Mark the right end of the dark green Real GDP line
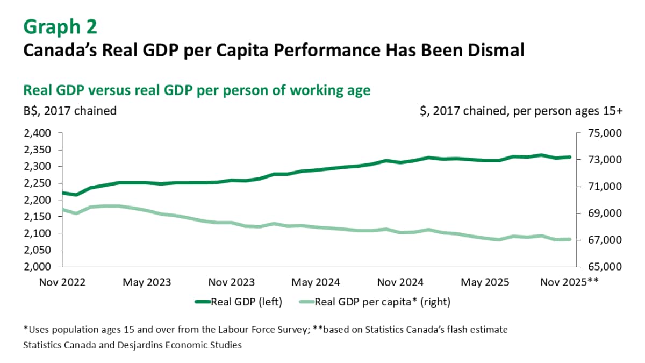(569, 157)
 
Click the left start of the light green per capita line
(63, 209)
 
